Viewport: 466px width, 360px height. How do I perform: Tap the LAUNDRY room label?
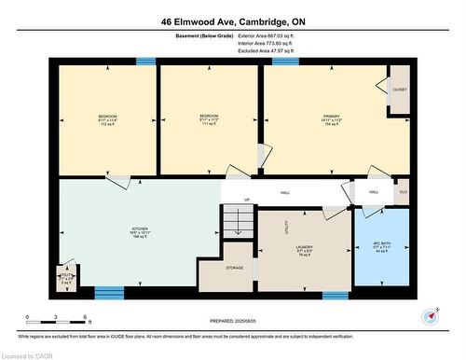click(x=305, y=248)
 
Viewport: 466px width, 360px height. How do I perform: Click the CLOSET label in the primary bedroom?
click(x=399, y=90)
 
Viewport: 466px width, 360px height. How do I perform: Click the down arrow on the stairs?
click(x=238, y=228)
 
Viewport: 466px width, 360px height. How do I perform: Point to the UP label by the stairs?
click(x=247, y=200)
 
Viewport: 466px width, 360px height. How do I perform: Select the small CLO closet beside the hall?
click(x=403, y=191)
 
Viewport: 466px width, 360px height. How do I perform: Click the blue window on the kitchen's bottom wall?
click(x=109, y=294)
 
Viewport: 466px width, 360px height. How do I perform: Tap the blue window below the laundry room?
click(x=336, y=295)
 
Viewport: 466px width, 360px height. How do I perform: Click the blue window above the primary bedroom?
click(x=285, y=62)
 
